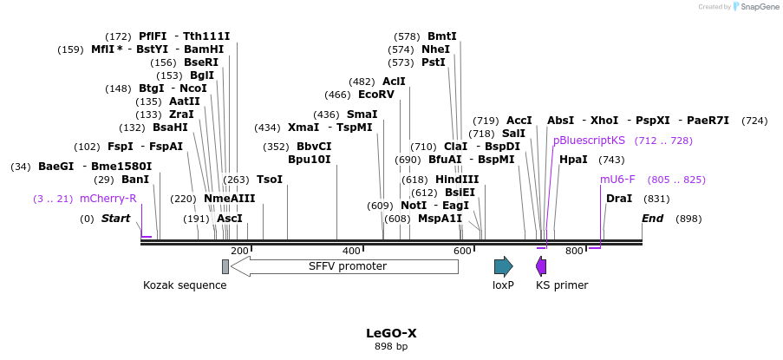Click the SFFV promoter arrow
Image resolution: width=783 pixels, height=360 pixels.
tap(344, 266)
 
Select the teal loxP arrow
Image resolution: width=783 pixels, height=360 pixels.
tap(503, 266)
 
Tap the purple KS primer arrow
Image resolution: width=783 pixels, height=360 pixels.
tap(541, 266)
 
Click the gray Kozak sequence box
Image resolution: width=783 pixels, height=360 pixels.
tap(225, 266)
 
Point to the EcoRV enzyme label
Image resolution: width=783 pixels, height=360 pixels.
tap(375, 95)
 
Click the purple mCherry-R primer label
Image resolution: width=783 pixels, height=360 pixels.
tap(108, 199)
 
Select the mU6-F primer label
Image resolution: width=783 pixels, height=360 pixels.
tap(617, 180)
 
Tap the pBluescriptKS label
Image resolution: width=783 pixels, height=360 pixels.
tap(589, 141)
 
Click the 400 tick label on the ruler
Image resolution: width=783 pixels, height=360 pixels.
tap(351, 251)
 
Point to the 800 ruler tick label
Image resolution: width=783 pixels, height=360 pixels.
tap(574, 251)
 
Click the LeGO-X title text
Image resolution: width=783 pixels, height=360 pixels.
tap(391, 333)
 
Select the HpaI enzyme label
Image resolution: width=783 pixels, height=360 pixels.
tap(573, 160)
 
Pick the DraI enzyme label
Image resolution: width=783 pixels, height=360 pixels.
tap(619, 199)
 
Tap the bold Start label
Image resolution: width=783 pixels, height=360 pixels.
tap(115, 219)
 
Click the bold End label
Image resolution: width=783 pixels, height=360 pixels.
tap(652, 219)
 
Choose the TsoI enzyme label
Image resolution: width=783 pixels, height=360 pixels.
tap(270, 180)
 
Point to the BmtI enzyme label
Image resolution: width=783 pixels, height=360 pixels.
tap(441, 36)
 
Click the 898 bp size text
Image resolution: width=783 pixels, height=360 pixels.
tap(391, 347)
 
